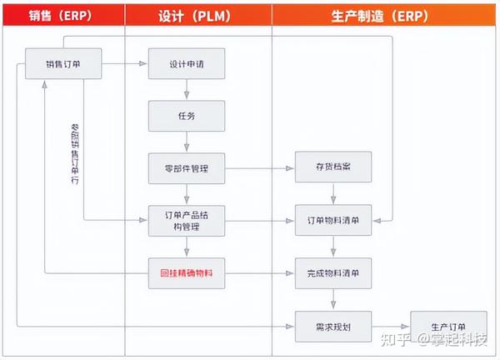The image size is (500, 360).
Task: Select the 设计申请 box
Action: [187, 63]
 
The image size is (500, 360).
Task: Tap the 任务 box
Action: [187, 115]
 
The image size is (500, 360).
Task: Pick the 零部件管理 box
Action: [187, 168]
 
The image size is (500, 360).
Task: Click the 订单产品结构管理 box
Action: [187, 220]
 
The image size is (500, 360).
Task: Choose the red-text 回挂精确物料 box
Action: [187, 272]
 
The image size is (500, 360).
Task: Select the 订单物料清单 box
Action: [333, 220]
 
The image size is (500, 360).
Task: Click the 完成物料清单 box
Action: [333, 272]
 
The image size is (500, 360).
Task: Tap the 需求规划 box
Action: [333, 325]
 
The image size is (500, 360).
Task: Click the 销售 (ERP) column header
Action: [62, 14]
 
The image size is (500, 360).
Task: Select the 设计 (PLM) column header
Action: [197, 14]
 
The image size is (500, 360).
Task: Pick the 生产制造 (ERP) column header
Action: [385, 14]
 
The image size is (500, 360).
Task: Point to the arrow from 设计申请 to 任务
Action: [187, 89]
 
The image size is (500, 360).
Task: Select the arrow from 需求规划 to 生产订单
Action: [391, 325]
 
